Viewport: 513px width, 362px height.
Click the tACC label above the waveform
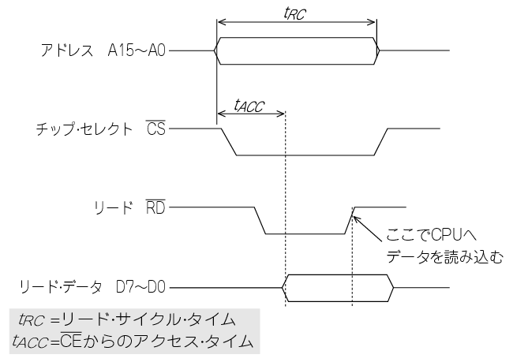click(x=249, y=103)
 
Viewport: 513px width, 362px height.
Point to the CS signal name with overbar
click(x=155, y=129)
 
